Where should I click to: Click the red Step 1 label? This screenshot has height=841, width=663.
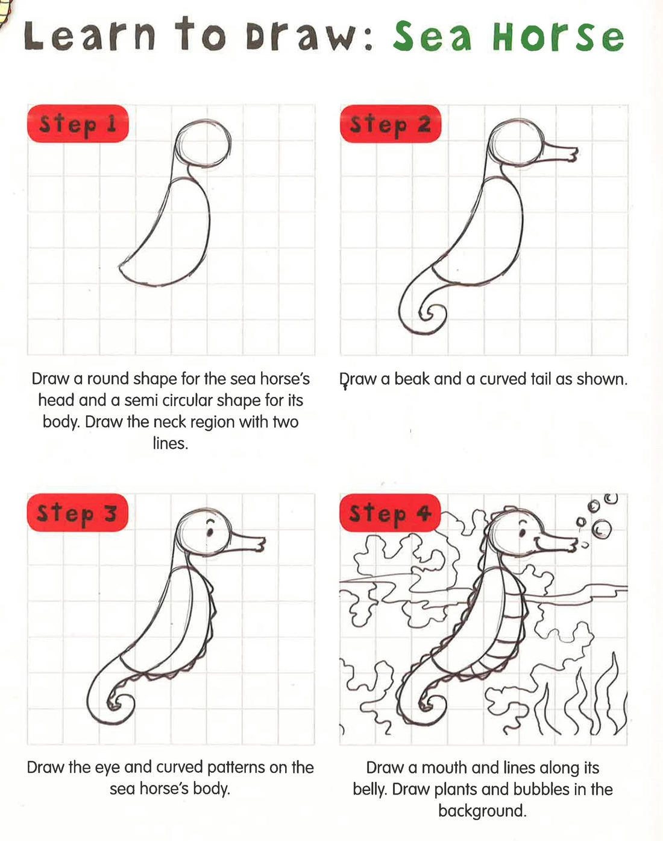(x=78, y=124)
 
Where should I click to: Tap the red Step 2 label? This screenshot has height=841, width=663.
(x=391, y=124)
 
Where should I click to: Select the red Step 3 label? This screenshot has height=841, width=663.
(x=77, y=513)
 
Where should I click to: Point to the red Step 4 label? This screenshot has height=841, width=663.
(x=391, y=513)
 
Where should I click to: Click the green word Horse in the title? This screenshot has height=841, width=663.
(x=558, y=37)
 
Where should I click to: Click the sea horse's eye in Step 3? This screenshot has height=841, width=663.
(x=210, y=532)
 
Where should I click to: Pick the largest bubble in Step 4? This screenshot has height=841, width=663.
(x=602, y=529)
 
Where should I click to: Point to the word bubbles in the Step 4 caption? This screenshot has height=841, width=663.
(x=542, y=789)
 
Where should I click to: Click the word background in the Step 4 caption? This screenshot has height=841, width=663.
(x=482, y=811)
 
